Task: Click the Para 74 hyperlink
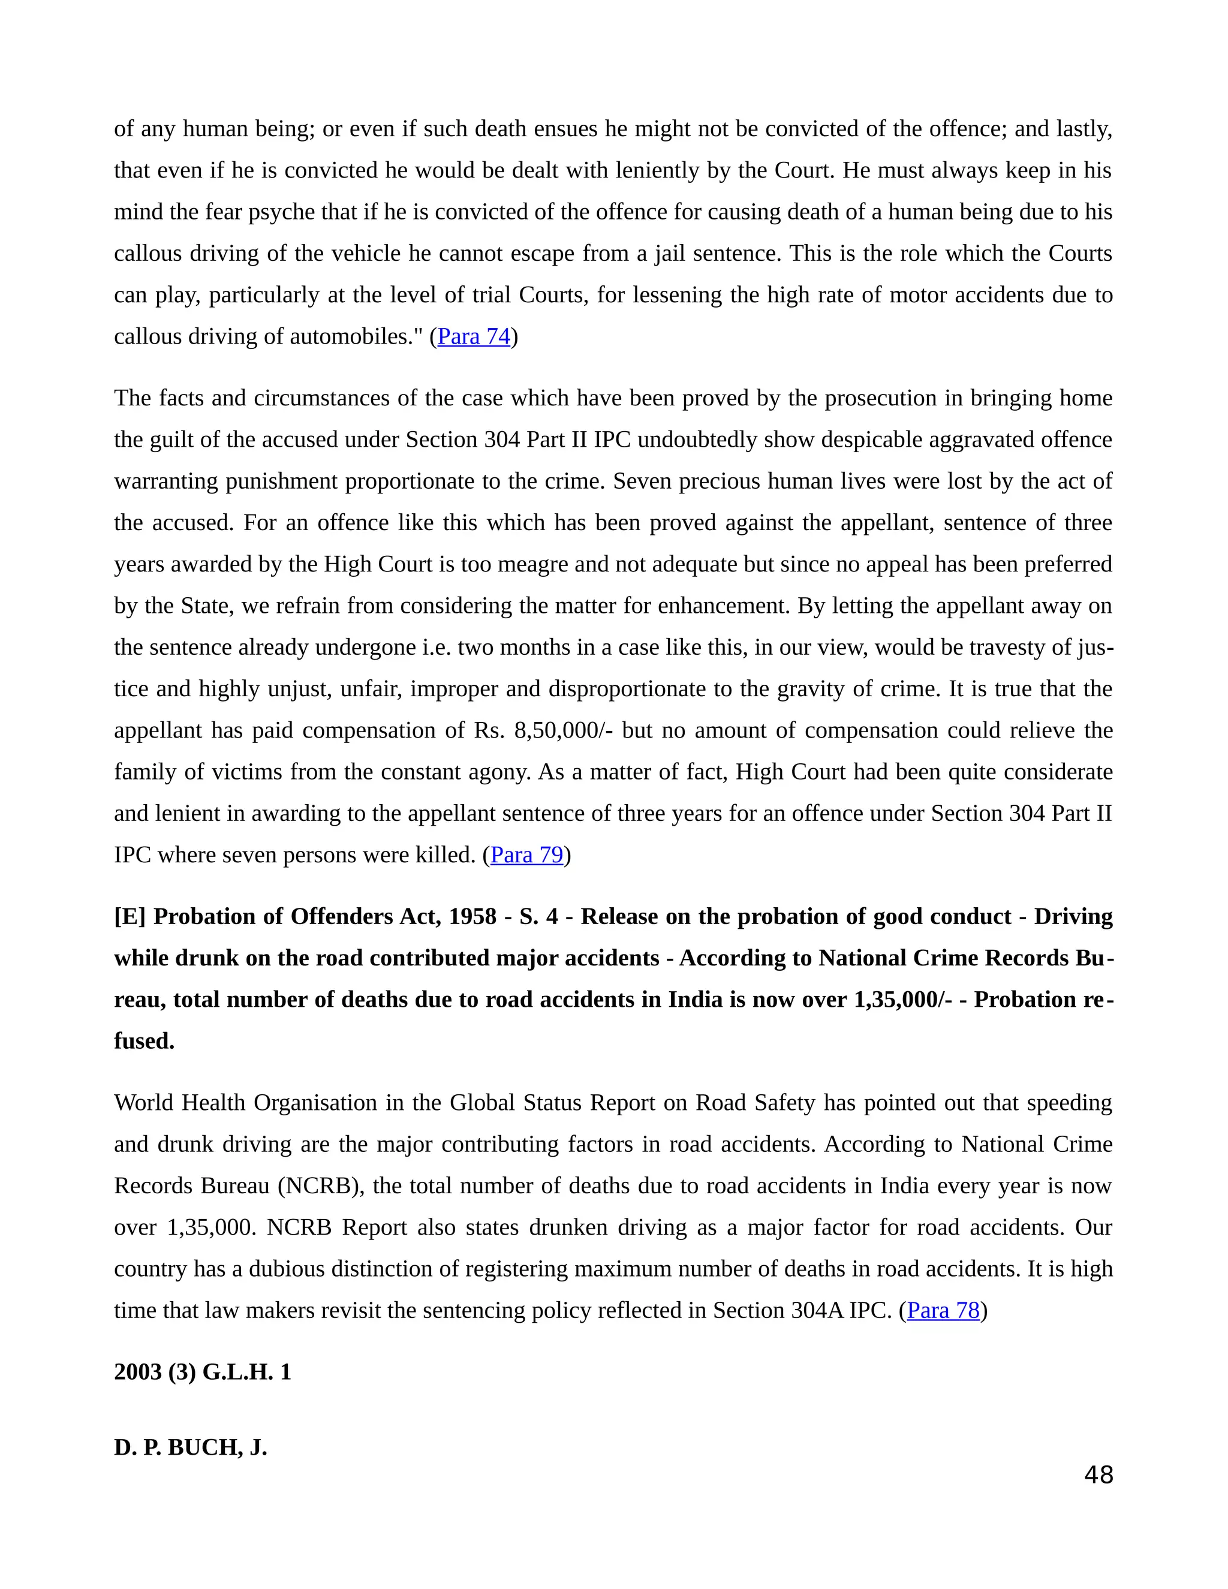[x=474, y=337]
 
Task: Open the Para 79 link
[x=526, y=855]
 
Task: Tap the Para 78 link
[x=943, y=1310]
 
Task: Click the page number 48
[x=1098, y=1475]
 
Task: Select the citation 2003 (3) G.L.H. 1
[x=202, y=1372]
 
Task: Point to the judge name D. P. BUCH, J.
[x=191, y=1448]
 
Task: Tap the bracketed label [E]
[x=130, y=917]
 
